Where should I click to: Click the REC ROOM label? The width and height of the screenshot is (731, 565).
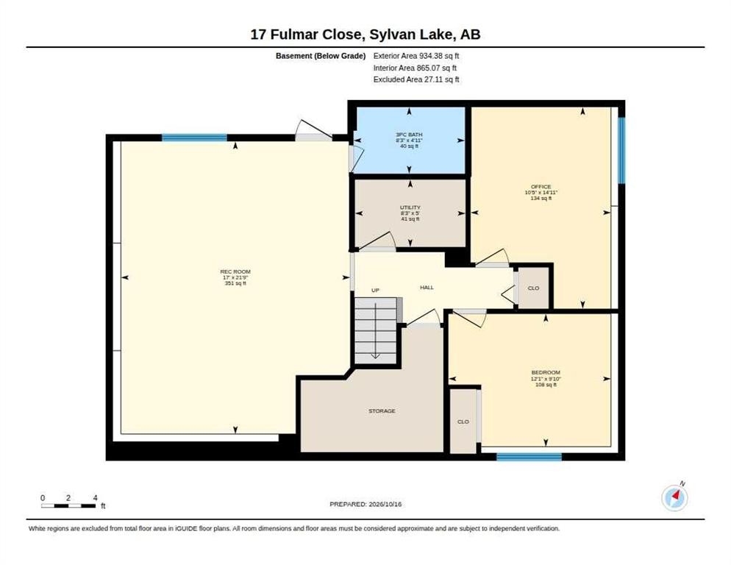[235, 271]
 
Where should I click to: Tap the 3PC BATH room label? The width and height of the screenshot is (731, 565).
[410, 135]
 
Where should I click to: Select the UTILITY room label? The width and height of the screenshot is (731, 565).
[410, 207]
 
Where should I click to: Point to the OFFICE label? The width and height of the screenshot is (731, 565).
[541, 187]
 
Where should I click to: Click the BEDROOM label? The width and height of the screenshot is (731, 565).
[546, 372]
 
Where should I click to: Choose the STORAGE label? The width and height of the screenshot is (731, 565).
[382, 411]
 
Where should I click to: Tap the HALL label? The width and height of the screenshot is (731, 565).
[427, 288]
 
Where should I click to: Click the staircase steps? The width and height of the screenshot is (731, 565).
[376, 330]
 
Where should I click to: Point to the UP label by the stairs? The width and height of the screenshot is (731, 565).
[375, 290]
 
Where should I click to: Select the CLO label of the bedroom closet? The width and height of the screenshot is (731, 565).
[463, 422]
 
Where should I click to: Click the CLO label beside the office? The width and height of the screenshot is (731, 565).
[533, 288]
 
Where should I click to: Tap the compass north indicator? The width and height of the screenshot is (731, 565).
[674, 497]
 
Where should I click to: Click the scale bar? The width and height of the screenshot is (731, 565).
[68, 505]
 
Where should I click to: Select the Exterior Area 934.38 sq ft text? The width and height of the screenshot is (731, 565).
[416, 56]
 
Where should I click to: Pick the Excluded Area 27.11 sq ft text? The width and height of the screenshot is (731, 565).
[416, 79]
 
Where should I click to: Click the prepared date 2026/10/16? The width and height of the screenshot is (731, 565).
[385, 505]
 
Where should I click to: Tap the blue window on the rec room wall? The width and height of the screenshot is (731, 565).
[194, 138]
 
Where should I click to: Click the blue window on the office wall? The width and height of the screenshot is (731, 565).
[621, 150]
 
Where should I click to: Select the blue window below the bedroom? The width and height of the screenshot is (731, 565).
[529, 457]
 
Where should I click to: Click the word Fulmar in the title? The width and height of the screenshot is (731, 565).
[315, 35]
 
